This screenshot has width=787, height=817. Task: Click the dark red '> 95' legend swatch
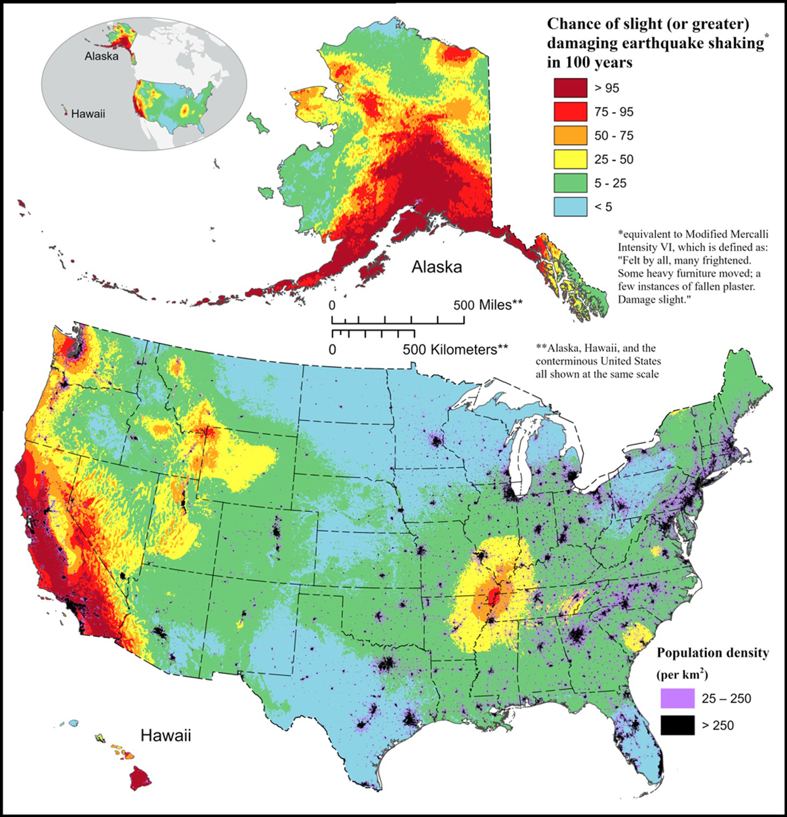tap(570, 88)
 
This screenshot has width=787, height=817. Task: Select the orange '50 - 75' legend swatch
tap(570, 136)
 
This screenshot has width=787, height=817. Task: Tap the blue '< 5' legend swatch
tap(570, 207)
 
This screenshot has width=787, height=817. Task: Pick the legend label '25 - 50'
tap(614, 160)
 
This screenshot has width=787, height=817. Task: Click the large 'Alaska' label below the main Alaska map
tap(437, 267)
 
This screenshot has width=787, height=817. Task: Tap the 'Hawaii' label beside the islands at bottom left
tap(165, 735)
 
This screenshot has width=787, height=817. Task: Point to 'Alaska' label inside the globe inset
tap(102, 56)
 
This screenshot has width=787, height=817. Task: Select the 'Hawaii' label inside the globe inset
tap(88, 114)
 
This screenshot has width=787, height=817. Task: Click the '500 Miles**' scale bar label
tap(489, 305)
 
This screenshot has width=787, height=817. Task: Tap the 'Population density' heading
tap(713, 653)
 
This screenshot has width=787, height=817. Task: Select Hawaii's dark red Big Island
tap(140, 779)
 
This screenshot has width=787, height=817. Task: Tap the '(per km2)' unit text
tap(682, 674)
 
